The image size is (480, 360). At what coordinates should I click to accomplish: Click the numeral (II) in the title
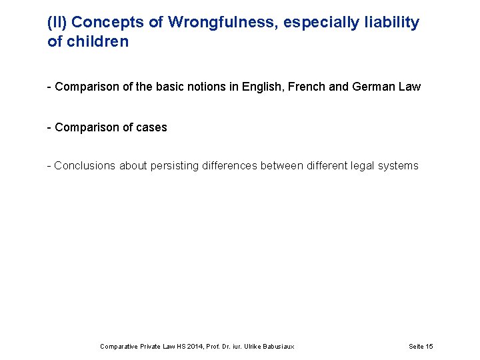coord(57,22)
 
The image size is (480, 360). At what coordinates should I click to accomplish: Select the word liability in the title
coord(394,22)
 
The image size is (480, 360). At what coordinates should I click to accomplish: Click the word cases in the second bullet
coord(151,127)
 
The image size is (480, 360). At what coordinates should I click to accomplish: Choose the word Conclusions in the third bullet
coord(85,165)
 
